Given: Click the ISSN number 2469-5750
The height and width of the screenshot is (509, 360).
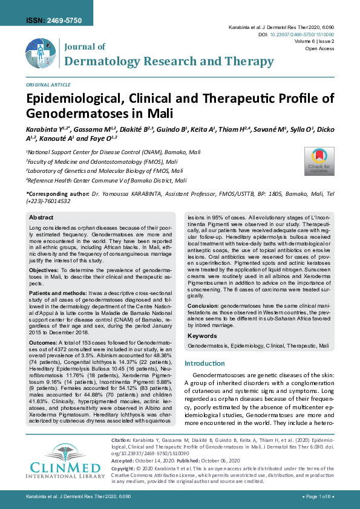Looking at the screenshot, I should [x=64, y=21].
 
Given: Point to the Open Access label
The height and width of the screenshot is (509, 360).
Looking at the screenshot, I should [x=319, y=48].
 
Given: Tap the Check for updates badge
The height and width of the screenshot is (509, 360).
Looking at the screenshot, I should [x=319, y=161].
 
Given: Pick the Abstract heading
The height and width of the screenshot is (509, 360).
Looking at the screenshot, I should [x=41, y=217].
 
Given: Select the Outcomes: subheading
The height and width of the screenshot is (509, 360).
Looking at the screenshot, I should [x=43, y=342].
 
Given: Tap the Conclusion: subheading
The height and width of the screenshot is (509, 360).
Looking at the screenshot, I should [x=206, y=306].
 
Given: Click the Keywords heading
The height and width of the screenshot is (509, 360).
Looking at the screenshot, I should [x=202, y=336].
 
